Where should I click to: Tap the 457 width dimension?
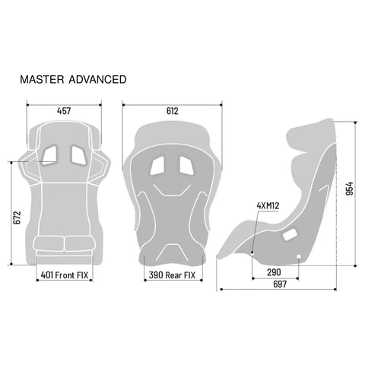(65, 111)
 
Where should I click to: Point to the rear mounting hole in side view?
(299, 255)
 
